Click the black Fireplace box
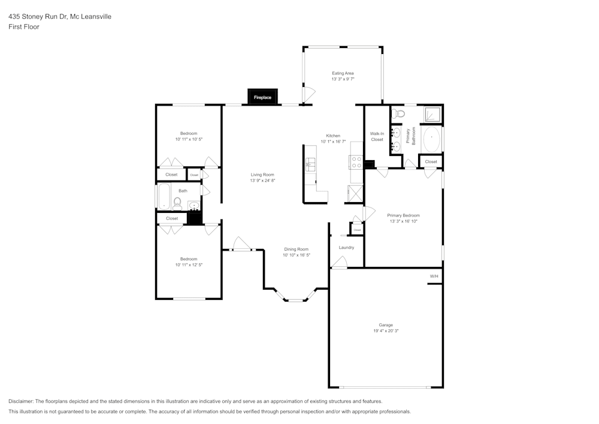262,97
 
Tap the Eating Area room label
343,73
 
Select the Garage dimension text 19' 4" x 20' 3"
386,330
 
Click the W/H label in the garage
434,276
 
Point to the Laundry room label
346,247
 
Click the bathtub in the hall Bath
164,196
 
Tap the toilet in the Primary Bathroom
400,113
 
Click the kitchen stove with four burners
356,162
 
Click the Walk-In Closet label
377,136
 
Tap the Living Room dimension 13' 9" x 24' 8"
262,181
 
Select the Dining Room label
296,249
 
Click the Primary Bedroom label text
403,215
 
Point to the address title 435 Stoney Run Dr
59,17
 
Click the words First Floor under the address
24,27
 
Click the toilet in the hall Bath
177,203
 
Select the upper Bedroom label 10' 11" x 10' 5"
189,139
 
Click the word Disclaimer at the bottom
21,401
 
